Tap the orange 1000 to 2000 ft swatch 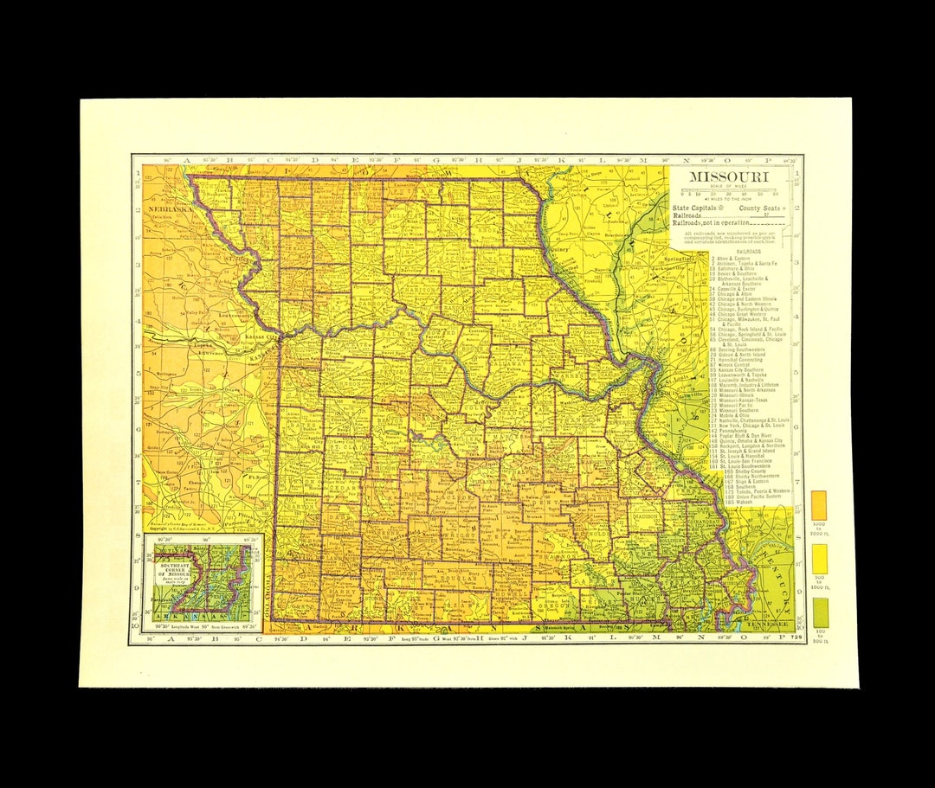pyautogui.click(x=818, y=505)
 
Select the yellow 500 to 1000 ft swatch pyautogui.click(x=818, y=560)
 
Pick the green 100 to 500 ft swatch pyautogui.click(x=818, y=612)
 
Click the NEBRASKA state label pyautogui.click(x=169, y=209)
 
